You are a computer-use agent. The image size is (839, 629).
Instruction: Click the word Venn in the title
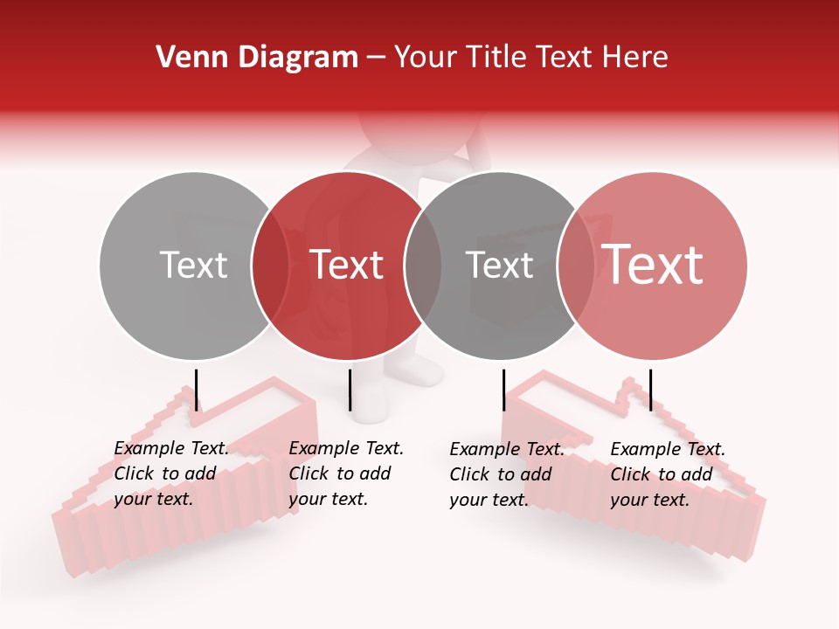(x=184, y=58)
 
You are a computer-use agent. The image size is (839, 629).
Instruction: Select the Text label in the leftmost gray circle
(x=193, y=266)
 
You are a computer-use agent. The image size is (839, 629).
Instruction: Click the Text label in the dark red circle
(x=346, y=266)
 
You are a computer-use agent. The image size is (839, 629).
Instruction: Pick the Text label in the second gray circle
(x=499, y=266)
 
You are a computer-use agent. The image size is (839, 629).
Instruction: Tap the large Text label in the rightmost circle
(x=653, y=266)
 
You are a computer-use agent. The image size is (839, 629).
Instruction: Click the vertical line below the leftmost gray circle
(x=197, y=390)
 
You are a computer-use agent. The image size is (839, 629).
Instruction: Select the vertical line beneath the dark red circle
(x=350, y=390)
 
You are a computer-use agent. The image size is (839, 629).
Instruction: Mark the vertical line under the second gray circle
(x=504, y=390)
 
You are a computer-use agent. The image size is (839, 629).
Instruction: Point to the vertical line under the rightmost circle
(x=650, y=390)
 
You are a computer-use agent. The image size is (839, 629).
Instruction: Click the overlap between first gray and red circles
(x=270, y=266)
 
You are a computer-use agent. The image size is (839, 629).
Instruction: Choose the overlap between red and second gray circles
(x=423, y=266)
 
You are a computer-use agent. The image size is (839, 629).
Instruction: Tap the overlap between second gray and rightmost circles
(x=576, y=266)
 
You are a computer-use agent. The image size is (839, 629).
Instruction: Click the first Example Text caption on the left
(x=170, y=473)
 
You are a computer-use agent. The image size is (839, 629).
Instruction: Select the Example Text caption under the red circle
(x=345, y=473)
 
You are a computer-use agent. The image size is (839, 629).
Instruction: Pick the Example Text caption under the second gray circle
(x=506, y=474)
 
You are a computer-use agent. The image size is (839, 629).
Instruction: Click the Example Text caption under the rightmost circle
(x=667, y=474)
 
